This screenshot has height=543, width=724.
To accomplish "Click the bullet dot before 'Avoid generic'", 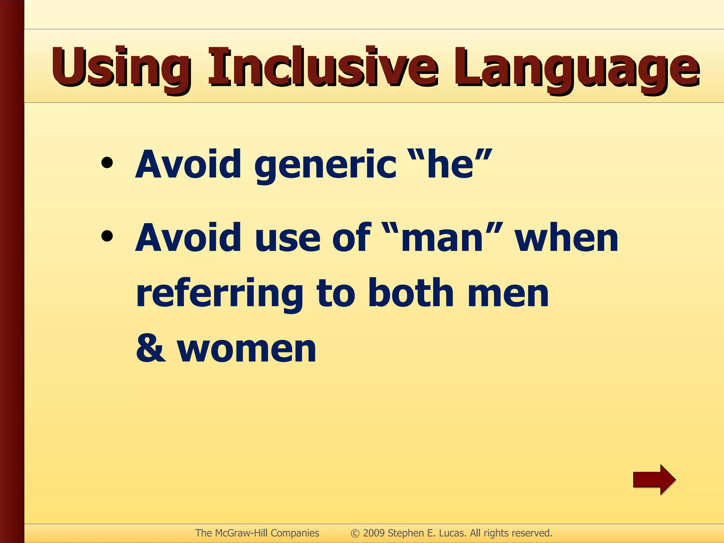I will pyautogui.click(x=107, y=163).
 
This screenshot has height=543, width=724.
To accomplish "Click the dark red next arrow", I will pyautogui.click(x=654, y=480).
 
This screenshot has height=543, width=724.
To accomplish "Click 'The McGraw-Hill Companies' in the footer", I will pyautogui.click(x=257, y=533).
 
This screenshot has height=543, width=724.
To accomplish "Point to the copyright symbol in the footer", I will pyautogui.click(x=355, y=533).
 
